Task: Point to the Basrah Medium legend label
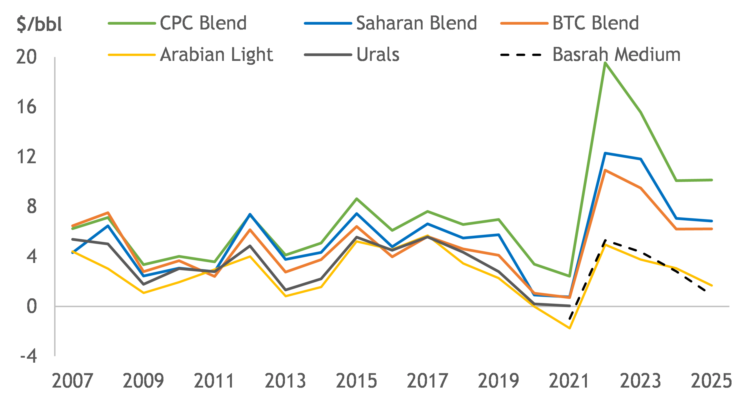point(616,55)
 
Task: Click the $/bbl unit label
point(39,24)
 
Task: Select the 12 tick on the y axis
point(26,157)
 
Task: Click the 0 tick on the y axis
point(32,306)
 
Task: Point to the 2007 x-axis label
point(72,381)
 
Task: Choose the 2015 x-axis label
point(357,381)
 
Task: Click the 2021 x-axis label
point(569,381)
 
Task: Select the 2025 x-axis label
point(711,381)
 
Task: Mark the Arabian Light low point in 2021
point(570,328)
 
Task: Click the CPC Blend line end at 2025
point(712,180)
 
